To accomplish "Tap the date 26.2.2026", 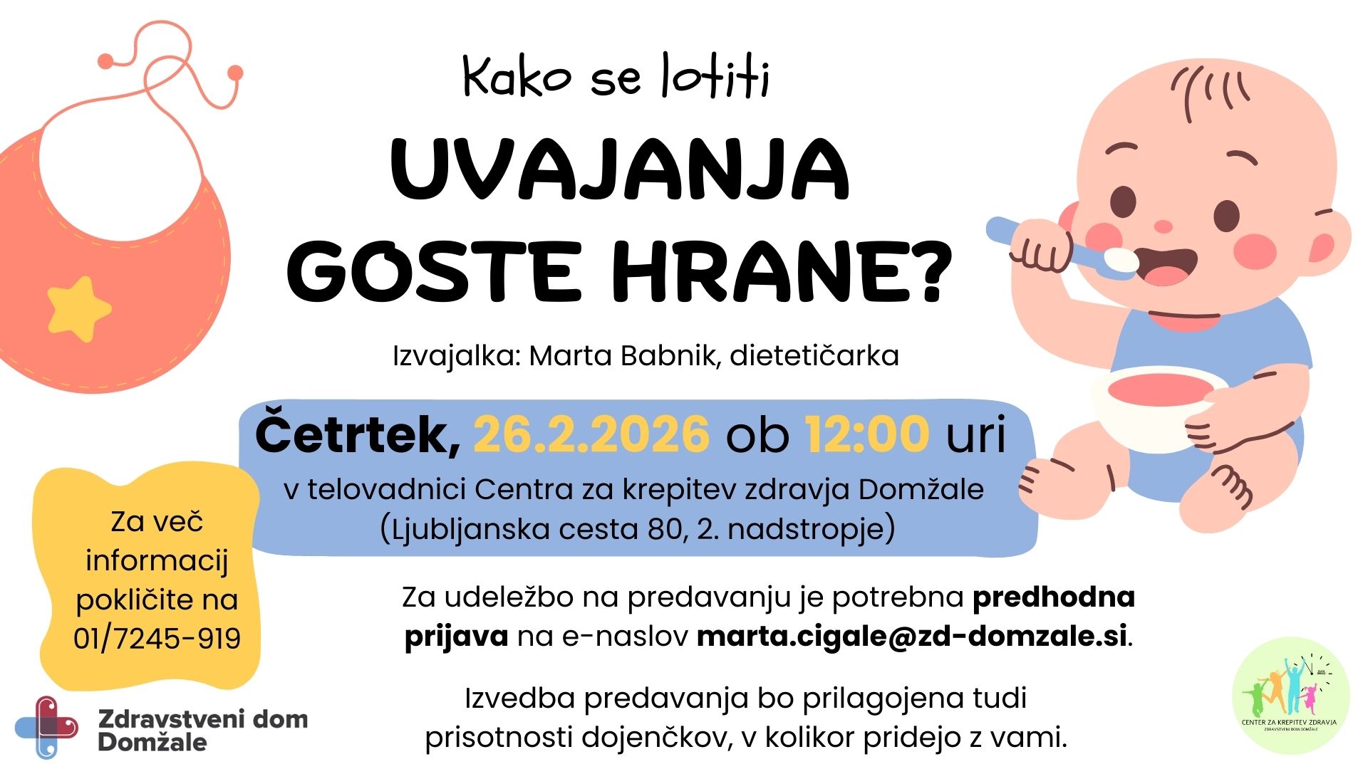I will (591, 434).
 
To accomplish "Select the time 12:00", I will (867, 434).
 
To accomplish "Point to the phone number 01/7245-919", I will (157, 639).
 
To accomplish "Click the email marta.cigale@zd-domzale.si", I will (912, 636).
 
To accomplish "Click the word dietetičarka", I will (814, 355).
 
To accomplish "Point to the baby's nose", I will (1163, 227).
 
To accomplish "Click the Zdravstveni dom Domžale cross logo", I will (47, 727).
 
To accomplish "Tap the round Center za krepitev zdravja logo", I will (1290, 696).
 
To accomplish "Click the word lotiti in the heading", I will (715, 77).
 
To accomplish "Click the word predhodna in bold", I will (1053, 597).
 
